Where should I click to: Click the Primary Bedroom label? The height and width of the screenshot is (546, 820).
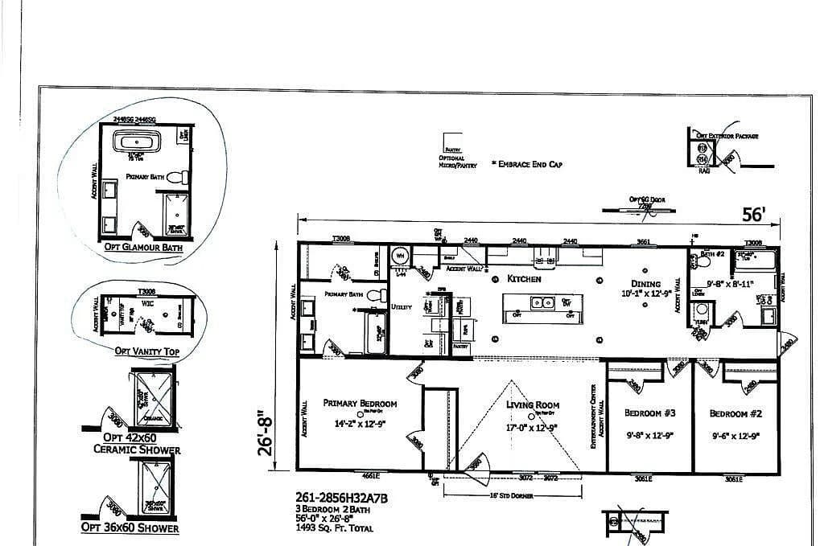coord(360,404)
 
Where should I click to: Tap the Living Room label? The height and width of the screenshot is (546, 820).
coord(533,405)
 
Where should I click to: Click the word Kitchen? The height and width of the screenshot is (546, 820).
coord(524,279)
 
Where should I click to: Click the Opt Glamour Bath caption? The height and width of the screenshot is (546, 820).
coord(143,248)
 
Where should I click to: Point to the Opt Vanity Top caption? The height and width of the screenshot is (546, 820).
coord(146,351)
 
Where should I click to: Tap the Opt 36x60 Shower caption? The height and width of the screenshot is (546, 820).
coord(130,528)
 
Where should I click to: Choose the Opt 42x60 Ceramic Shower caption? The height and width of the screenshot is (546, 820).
coord(137,443)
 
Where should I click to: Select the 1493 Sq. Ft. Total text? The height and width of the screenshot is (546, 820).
coord(336,528)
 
